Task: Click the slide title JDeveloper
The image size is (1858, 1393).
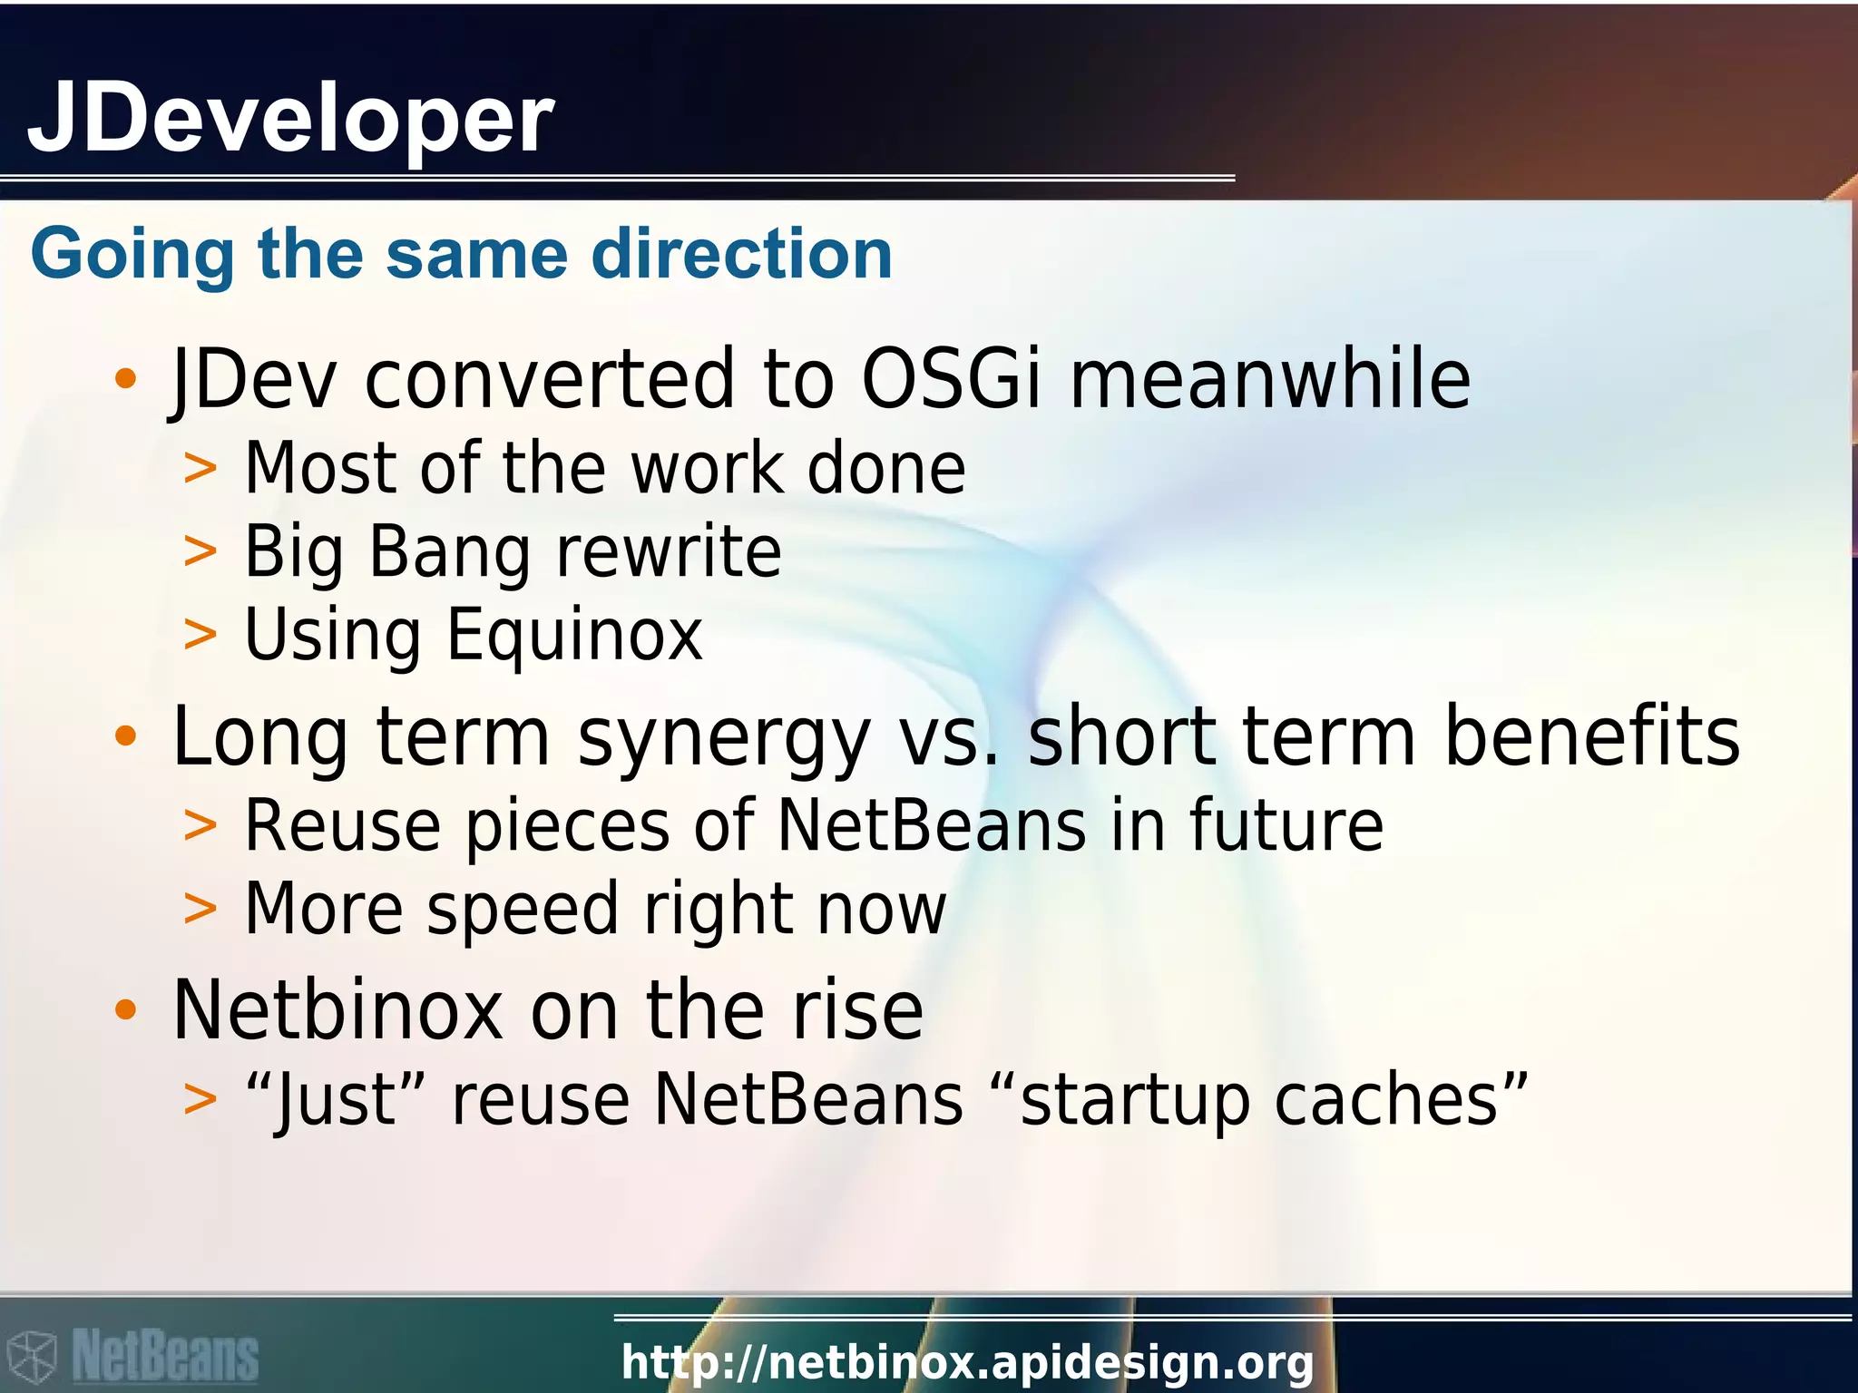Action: [x=290, y=118]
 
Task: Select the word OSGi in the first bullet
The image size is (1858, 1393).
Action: [x=950, y=379]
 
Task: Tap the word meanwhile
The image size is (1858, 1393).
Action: [x=1270, y=379]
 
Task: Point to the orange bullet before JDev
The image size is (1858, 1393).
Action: [x=125, y=379]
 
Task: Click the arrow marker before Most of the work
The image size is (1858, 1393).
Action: [x=200, y=470]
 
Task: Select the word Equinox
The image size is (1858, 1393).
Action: [x=574, y=634]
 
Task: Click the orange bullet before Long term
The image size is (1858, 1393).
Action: [x=125, y=736]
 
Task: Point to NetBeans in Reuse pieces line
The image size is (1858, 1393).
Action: [x=932, y=825]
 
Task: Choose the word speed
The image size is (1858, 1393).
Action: [x=523, y=910]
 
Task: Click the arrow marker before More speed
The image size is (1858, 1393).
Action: [x=200, y=909]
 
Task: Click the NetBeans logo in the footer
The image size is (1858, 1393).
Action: [x=133, y=1357]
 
